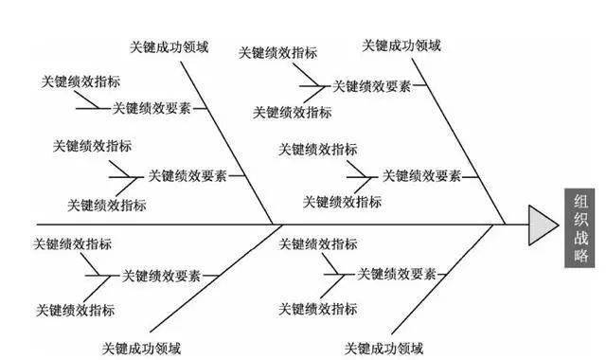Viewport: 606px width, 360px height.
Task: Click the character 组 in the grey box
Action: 580,200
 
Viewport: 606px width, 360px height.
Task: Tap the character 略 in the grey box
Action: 580,255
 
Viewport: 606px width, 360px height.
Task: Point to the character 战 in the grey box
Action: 580,237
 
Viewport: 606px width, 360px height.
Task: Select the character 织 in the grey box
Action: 580,218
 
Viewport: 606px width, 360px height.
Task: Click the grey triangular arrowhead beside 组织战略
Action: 543,225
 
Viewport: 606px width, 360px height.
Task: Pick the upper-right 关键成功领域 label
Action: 401,45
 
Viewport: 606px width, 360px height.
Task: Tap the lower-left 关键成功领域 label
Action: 144,347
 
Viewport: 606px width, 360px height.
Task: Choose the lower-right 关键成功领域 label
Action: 383,347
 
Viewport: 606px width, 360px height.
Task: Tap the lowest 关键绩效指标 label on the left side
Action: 75,310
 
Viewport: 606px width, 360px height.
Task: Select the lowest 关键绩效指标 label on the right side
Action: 318,310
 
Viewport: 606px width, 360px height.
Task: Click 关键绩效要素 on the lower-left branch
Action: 161,276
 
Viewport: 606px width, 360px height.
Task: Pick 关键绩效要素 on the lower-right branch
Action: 396,274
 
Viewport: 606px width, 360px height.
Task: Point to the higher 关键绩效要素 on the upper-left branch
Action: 151,108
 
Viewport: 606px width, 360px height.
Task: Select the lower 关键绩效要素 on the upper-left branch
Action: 187,175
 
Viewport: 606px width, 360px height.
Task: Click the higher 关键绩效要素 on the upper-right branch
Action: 371,86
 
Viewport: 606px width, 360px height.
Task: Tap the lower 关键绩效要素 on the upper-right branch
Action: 421,175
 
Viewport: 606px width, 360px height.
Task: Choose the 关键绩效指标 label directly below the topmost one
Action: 293,112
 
